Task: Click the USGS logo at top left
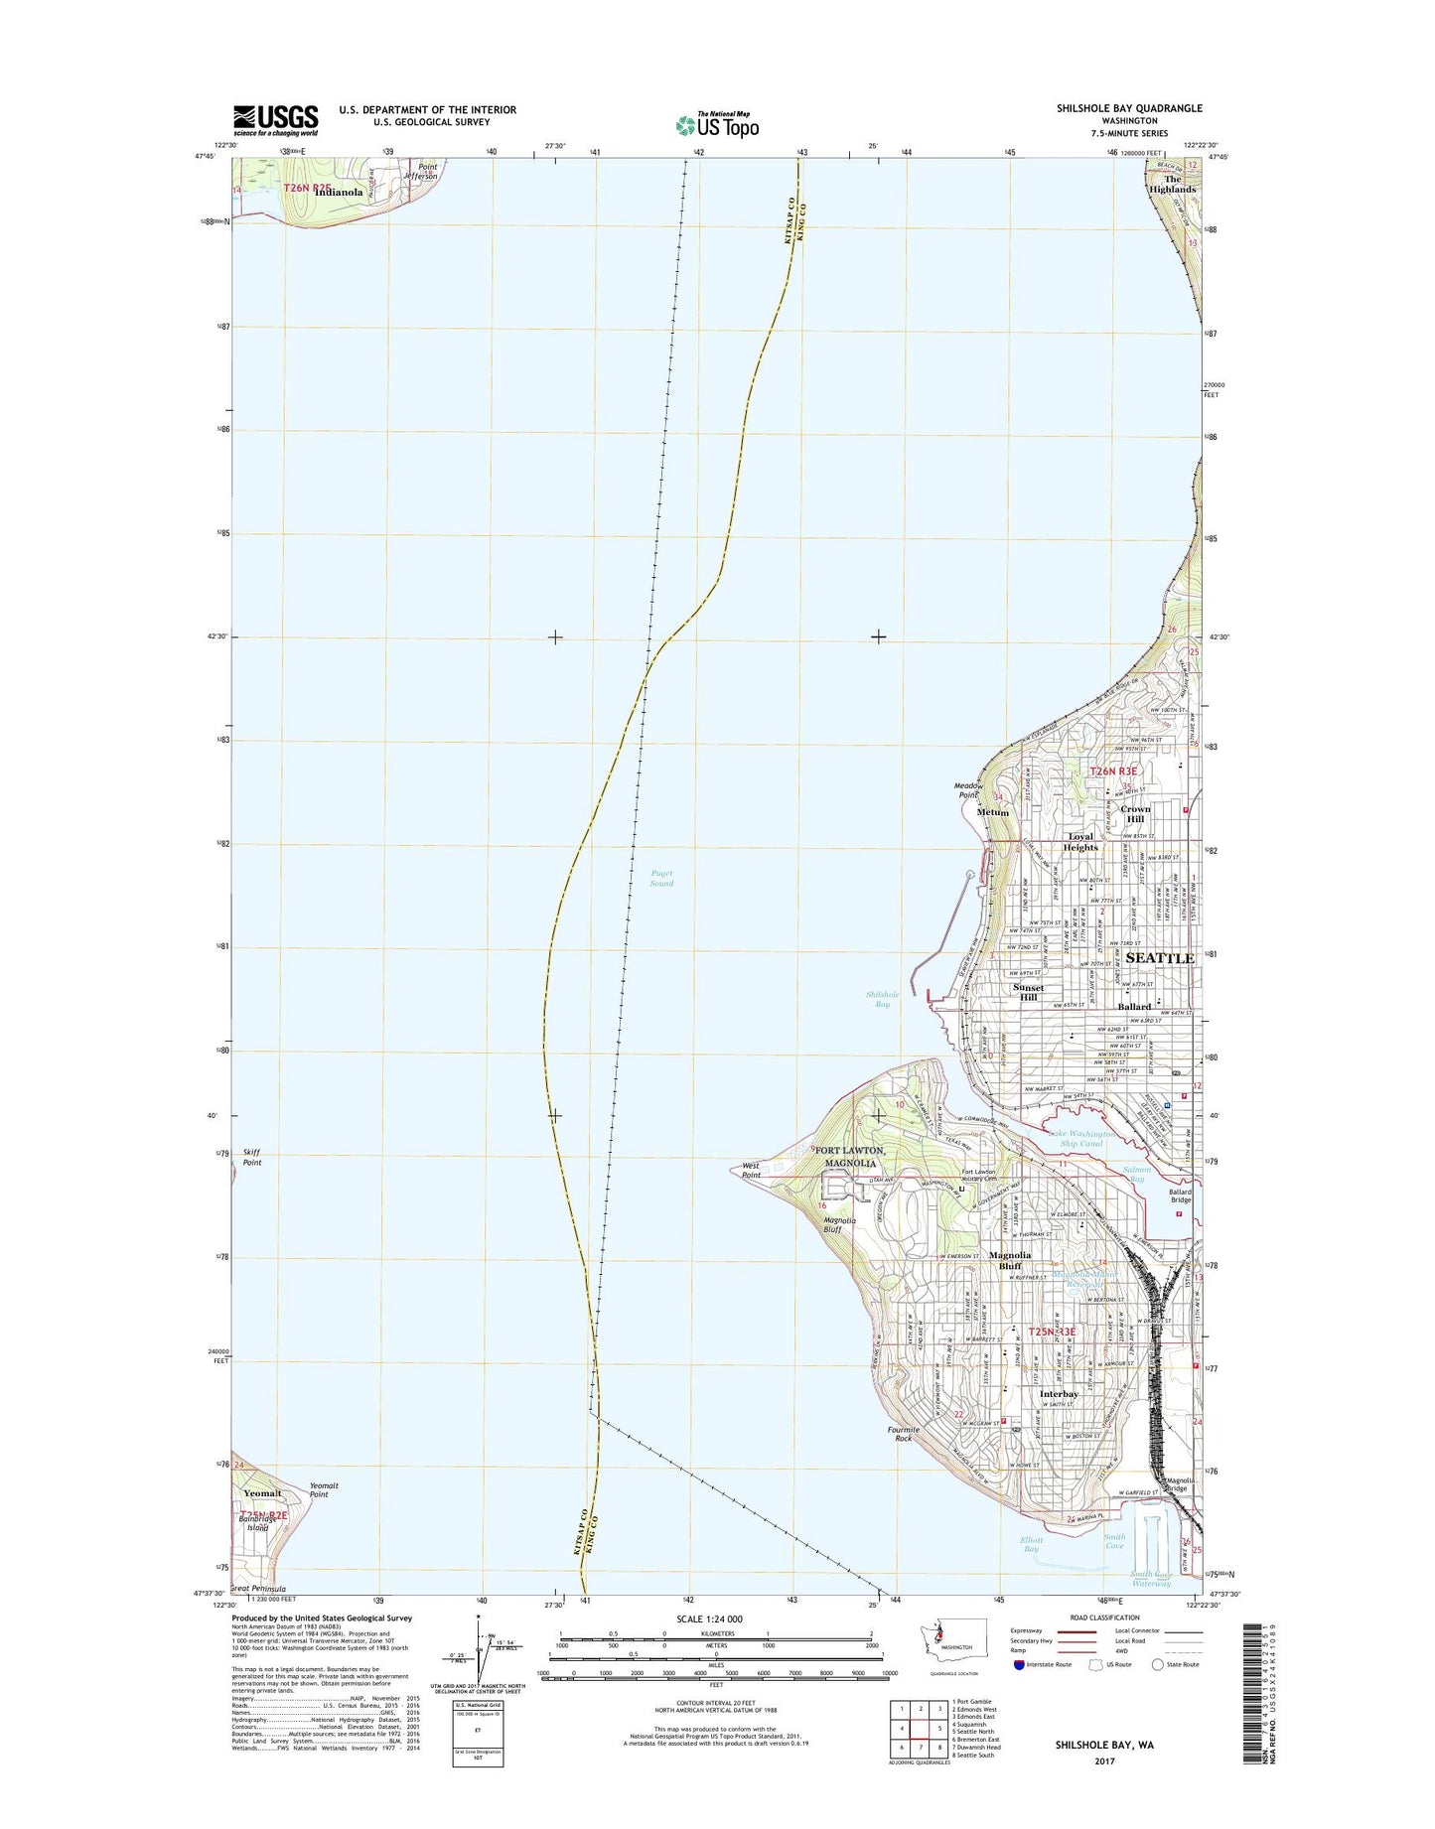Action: tap(275, 119)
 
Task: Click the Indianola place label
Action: tap(338, 193)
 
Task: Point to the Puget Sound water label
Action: tap(661, 879)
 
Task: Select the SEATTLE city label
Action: tap(1160, 958)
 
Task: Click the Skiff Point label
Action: tap(252, 1157)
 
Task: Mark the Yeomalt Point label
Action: tap(324, 1489)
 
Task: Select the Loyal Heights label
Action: tap(1080, 842)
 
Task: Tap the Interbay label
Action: tap(1059, 1395)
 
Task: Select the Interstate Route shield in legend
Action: tap(1020, 1664)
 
